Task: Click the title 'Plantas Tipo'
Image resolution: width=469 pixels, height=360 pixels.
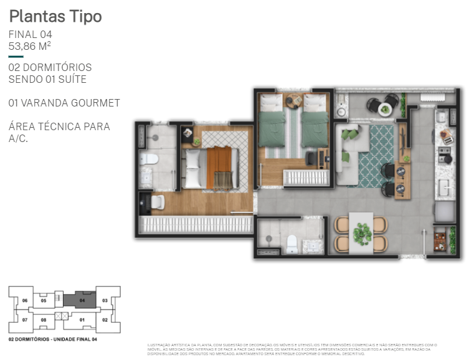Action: point(55,17)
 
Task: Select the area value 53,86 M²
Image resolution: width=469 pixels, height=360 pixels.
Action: point(30,46)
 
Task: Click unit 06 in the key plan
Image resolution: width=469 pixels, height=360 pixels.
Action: point(25,300)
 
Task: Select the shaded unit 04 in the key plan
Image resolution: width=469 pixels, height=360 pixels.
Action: point(81,300)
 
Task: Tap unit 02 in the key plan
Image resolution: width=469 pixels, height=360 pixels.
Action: point(105,320)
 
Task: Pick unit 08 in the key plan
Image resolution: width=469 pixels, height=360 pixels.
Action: point(44,320)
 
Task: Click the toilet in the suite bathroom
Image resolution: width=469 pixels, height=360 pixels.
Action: point(148,159)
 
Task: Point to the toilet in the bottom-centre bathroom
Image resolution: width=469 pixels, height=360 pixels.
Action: point(291,244)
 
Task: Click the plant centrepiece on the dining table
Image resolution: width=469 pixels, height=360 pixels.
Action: point(361,234)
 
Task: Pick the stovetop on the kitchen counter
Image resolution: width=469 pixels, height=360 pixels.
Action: point(445,149)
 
